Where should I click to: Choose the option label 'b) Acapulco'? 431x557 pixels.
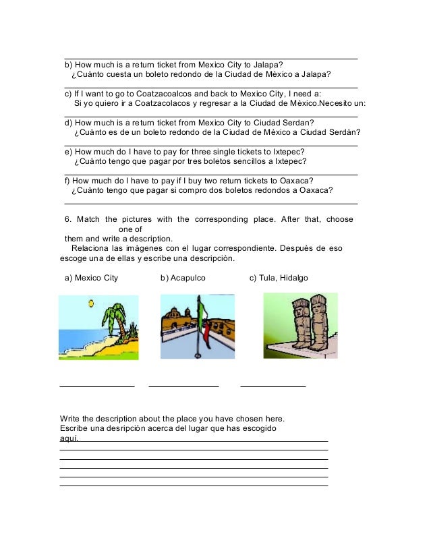(x=183, y=277)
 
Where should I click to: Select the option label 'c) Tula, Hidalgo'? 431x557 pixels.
(x=279, y=277)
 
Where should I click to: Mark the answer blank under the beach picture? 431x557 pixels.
(x=97, y=386)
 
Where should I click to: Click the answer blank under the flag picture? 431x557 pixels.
(x=183, y=386)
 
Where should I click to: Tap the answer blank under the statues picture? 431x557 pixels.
(x=273, y=386)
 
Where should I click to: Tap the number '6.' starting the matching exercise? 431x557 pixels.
(x=68, y=219)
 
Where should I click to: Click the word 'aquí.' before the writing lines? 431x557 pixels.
(x=69, y=438)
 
